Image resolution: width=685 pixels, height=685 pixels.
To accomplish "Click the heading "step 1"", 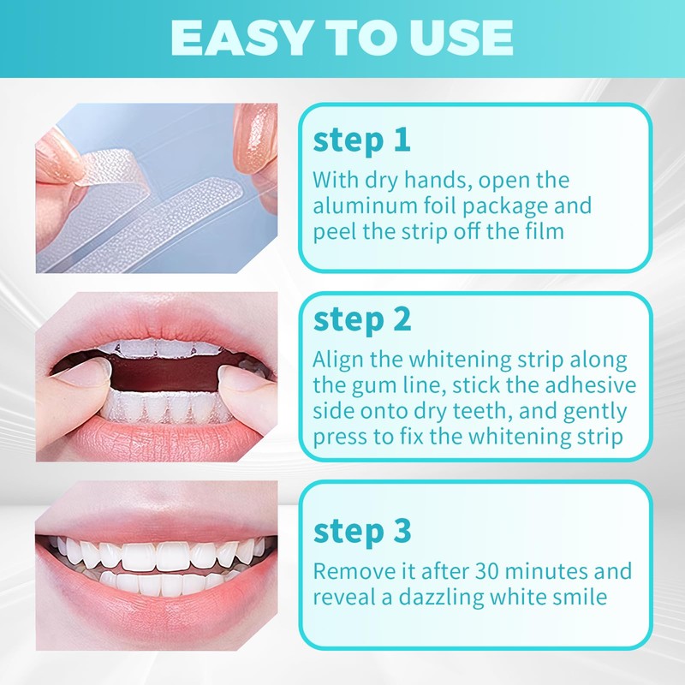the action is coord(361,140).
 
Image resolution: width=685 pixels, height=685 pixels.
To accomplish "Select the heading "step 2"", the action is coord(362,319).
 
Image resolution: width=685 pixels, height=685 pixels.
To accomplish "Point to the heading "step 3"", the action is coord(362,531).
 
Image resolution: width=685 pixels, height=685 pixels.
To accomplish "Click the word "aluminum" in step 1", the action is coord(365,205).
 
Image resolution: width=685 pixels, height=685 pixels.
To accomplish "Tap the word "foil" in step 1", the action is coord(439,205).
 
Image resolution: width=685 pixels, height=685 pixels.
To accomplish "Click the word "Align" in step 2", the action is coord(337,360).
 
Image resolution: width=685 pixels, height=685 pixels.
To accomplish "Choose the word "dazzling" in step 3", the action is coord(441,598).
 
